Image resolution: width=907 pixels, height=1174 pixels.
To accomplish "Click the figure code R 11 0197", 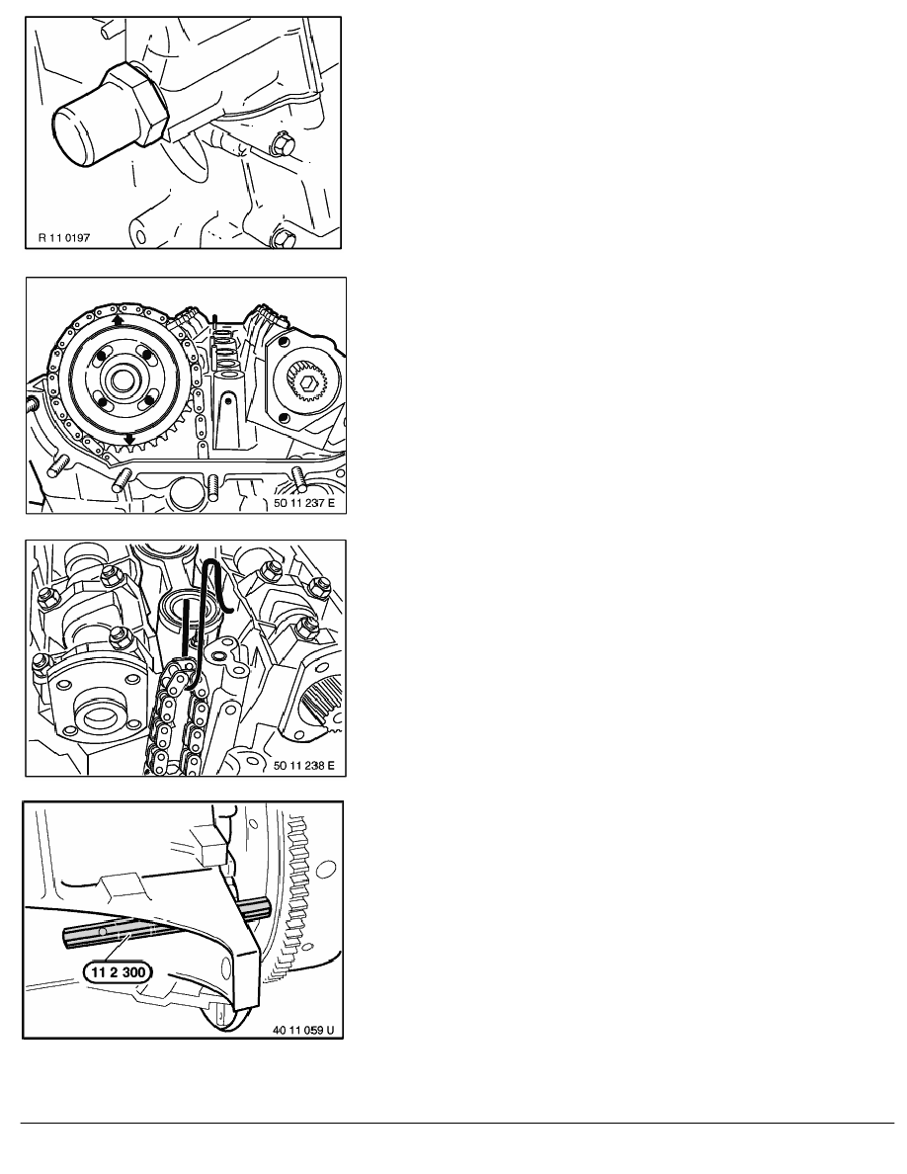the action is (63, 238).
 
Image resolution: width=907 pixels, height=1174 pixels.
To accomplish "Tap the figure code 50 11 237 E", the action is (304, 503).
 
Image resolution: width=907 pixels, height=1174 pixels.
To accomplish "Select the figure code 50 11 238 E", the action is (304, 765).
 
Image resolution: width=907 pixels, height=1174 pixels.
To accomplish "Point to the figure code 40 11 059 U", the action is (303, 1031).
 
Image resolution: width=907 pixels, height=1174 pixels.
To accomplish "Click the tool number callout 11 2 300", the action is (118, 972).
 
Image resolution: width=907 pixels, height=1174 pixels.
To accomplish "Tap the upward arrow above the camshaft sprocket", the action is (119, 320).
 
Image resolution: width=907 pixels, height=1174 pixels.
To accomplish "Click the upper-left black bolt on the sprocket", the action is (100, 354).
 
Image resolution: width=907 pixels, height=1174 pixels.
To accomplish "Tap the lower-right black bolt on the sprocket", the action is (150, 400).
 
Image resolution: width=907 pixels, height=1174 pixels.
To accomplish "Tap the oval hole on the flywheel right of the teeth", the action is (326, 871).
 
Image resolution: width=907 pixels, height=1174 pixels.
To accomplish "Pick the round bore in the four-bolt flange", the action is (99, 716).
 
